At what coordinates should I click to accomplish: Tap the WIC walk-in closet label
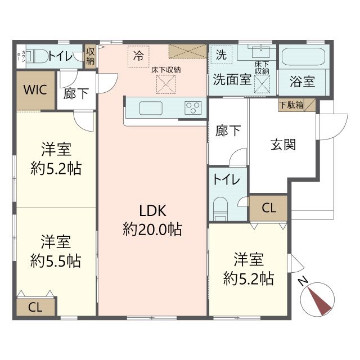(35, 90)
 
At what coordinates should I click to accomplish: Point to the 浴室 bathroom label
(302, 81)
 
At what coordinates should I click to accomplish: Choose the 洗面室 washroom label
(232, 79)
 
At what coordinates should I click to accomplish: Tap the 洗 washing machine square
(221, 55)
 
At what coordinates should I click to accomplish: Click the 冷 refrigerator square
(138, 55)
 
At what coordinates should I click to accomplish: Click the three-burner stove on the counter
(192, 107)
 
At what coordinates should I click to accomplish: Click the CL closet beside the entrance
(269, 208)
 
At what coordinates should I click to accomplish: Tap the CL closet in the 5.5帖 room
(35, 307)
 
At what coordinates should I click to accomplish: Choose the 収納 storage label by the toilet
(90, 56)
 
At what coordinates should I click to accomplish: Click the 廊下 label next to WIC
(76, 93)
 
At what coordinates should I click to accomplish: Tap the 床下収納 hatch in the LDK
(165, 85)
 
